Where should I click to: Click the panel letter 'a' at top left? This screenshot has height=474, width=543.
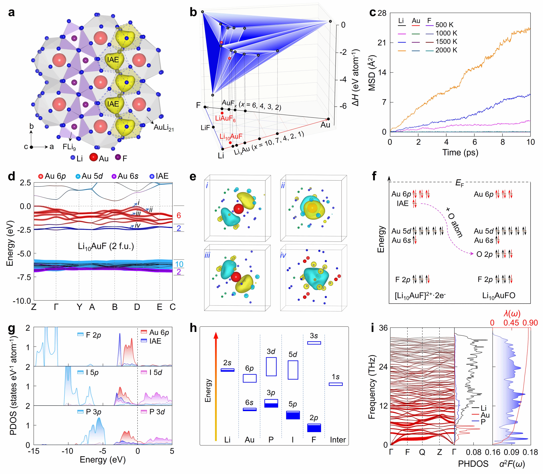(x=11, y=12)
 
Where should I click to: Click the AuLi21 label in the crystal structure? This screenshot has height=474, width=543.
(x=164, y=128)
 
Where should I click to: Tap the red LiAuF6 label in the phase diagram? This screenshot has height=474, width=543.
(x=225, y=118)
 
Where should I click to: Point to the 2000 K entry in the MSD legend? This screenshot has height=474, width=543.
(x=446, y=50)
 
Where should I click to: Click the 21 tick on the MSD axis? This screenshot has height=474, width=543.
(x=382, y=43)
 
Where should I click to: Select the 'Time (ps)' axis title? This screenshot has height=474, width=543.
(x=460, y=153)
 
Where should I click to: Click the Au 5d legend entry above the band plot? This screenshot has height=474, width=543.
(x=89, y=176)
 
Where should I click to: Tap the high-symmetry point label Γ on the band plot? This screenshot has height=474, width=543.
(x=56, y=307)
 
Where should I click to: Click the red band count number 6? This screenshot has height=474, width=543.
(x=179, y=216)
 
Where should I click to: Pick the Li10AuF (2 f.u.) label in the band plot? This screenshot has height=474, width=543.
(x=106, y=246)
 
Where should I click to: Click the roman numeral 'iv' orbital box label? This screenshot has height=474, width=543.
(x=283, y=255)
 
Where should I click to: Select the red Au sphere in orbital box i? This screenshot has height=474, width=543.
(x=239, y=209)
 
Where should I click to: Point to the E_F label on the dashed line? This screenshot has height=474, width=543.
(x=459, y=183)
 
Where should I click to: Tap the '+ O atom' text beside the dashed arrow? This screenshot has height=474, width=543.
(x=454, y=222)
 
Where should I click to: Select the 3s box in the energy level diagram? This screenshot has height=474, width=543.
(x=314, y=343)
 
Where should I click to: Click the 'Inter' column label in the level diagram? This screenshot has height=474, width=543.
(x=338, y=440)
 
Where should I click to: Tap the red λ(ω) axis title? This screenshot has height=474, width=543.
(x=512, y=313)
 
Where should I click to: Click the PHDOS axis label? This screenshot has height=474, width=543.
(x=473, y=464)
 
